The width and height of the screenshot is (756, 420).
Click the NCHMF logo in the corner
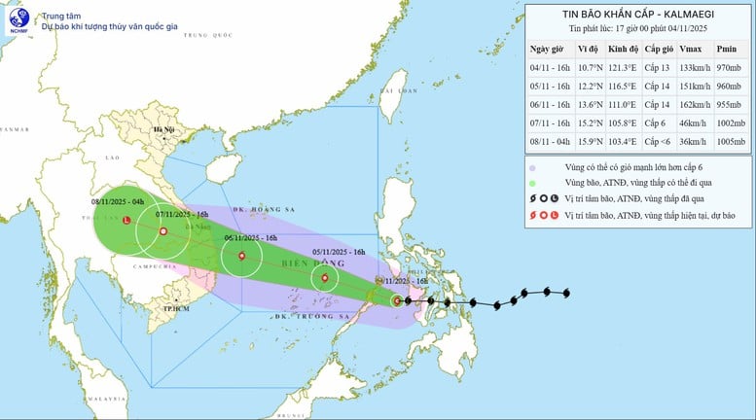click(x=18, y=19)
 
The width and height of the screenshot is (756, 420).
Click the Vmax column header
click(x=689, y=48)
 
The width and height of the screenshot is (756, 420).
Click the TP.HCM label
click(x=175, y=307)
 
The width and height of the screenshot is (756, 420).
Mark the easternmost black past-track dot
click(x=567, y=292)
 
